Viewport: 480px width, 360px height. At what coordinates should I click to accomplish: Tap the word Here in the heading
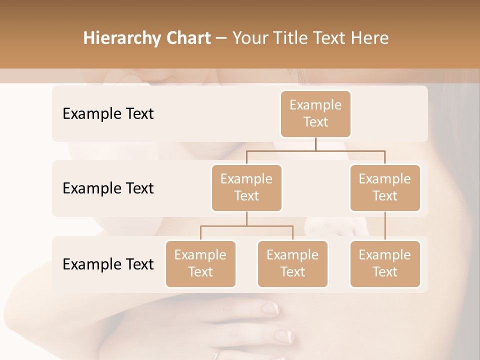pos(370,38)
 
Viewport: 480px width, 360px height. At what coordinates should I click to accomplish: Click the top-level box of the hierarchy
pos(315,113)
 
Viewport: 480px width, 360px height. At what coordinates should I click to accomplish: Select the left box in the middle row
pos(246,187)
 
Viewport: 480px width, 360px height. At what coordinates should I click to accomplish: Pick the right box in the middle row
pos(385,187)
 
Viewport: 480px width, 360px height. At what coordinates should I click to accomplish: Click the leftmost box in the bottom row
pos(200,263)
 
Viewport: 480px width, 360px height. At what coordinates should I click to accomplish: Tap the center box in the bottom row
pos(292,263)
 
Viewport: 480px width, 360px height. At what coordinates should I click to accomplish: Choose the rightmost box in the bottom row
pos(385,263)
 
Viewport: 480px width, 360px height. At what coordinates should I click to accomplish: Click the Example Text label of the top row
pos(108,113)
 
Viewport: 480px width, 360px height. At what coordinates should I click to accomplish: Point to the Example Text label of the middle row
pos(108,188)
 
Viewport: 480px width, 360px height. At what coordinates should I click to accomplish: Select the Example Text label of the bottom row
pos(108,264)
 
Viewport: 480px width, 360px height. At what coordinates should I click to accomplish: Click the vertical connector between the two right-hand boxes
pos(385,226)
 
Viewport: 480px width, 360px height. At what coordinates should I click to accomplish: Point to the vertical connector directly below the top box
pos(315,144)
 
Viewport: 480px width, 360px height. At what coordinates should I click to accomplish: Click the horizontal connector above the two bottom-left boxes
pos(246,226)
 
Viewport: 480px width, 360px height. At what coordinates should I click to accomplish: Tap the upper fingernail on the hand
pos(270,308)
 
